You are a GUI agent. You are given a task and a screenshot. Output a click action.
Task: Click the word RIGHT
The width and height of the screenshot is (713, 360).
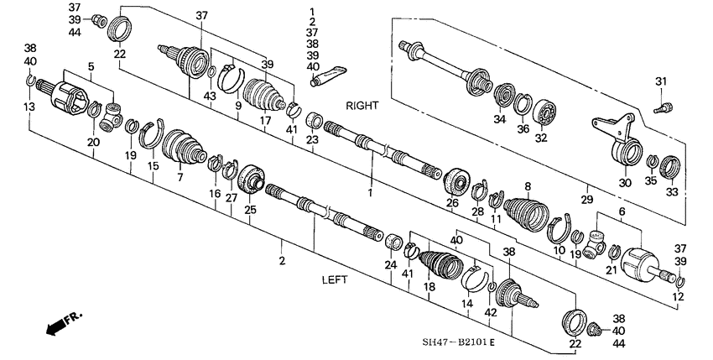pyautogui.click(x=362, y=107)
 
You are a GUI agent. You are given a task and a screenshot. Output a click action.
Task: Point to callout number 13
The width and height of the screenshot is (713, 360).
pyautogui.click(x=30, y=107)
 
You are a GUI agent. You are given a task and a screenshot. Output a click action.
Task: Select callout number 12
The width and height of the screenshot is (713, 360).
pyautogui.click(x=678, y=296)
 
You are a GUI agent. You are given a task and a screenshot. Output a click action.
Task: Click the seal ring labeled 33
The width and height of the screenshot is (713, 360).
pyautogui.click(x=672, y=168)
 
